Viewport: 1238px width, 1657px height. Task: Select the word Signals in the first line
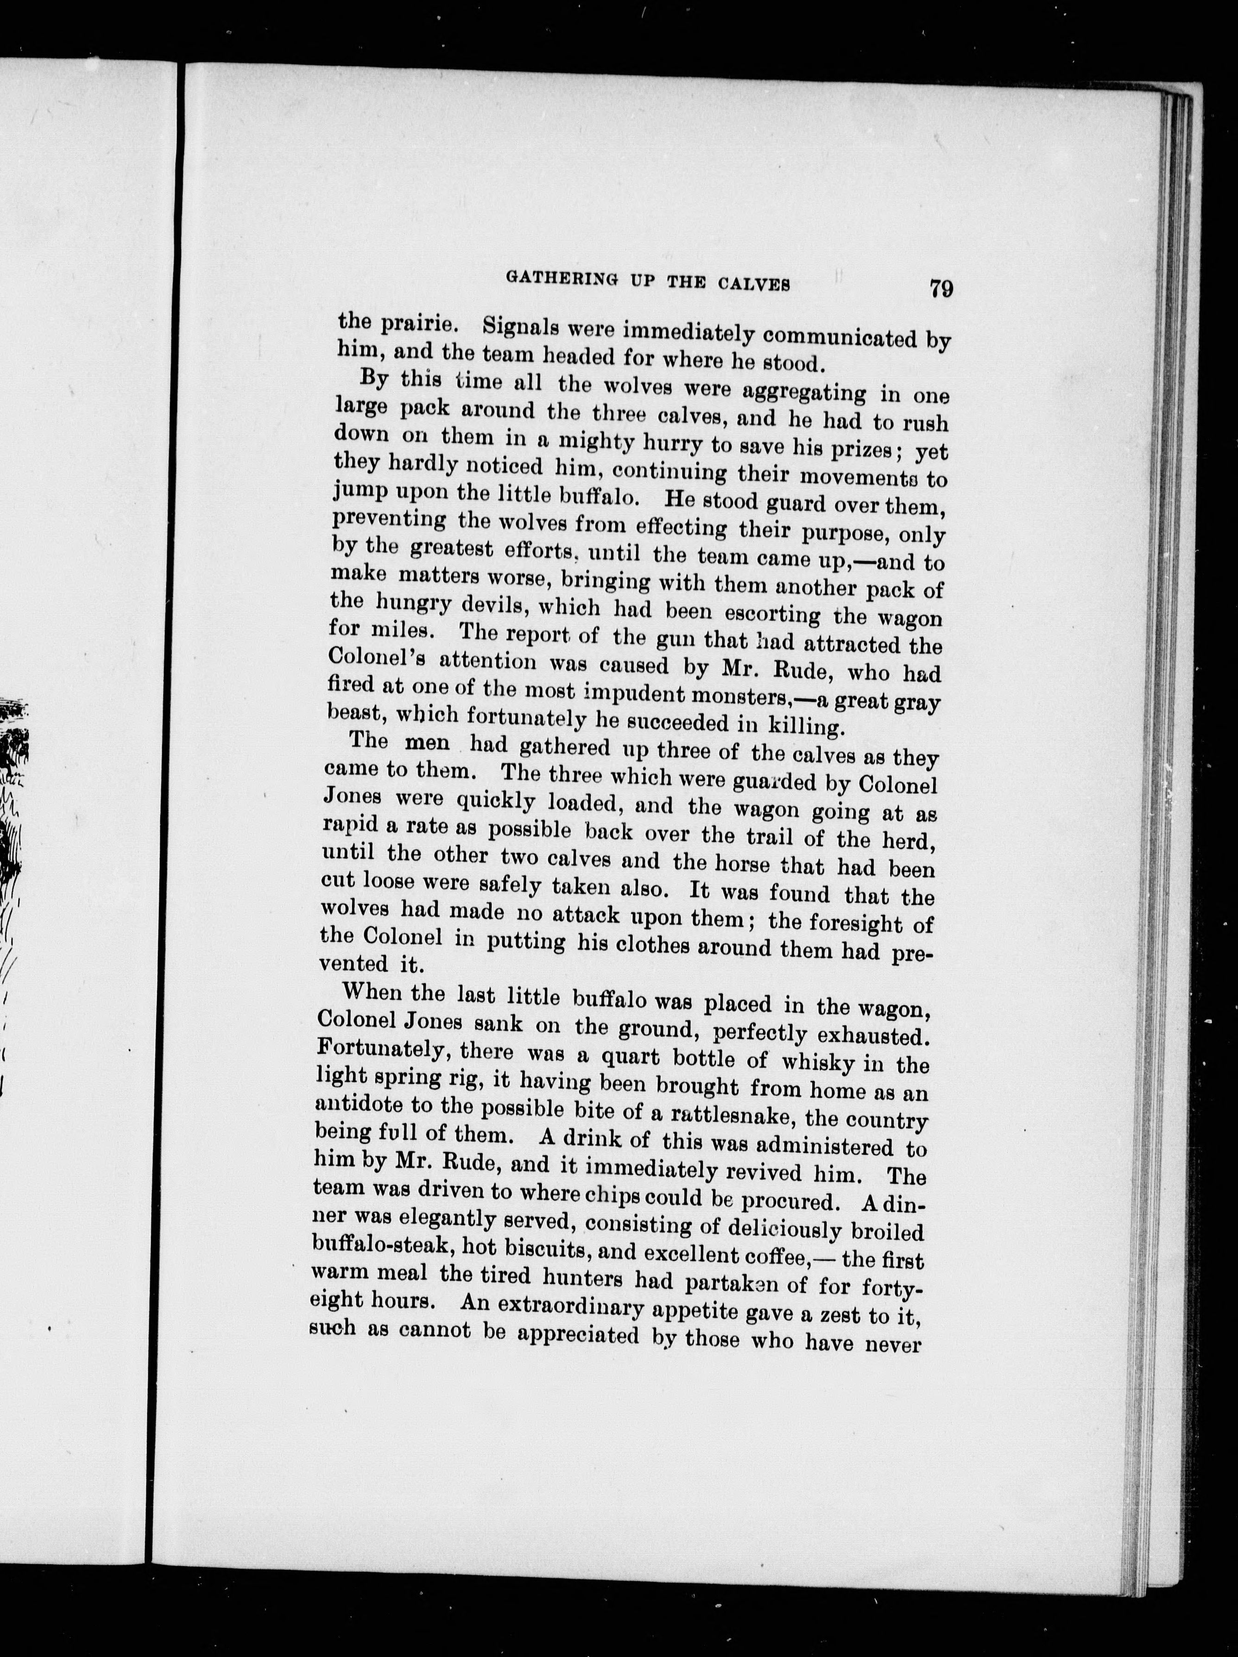pyautogui.click(x=523, y=327)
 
